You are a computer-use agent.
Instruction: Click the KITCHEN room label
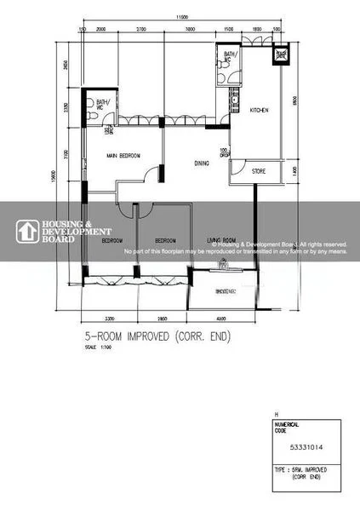coord(259,108)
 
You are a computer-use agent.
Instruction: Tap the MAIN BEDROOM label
coord(123,156)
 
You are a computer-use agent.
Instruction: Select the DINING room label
coord(202,163)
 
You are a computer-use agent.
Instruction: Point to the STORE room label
coord(259,171)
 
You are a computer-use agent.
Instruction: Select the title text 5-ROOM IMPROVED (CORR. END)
coord(157,336)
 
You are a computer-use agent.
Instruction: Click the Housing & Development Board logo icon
coord(30,230)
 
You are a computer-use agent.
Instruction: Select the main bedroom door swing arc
coord(152,171)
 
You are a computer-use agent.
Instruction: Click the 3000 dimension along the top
coord(188,28)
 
